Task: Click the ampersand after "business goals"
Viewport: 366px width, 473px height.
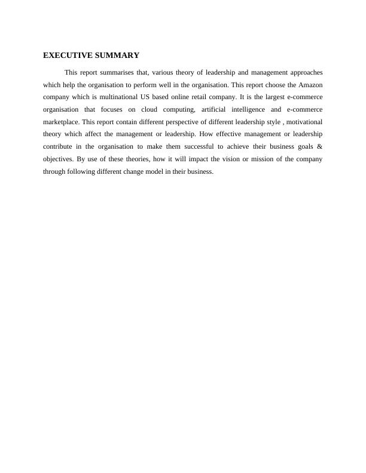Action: pos(320,147)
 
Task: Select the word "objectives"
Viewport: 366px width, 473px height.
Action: pos(58,159)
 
